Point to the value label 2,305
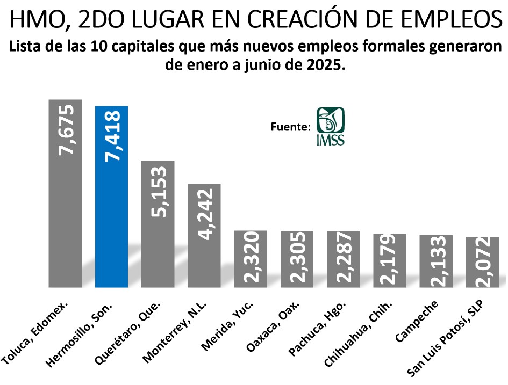point(297,259)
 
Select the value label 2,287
point(343,259)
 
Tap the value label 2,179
point(389,260)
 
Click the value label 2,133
point(435,261)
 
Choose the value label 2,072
point(482,261)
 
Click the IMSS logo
point(331,126)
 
